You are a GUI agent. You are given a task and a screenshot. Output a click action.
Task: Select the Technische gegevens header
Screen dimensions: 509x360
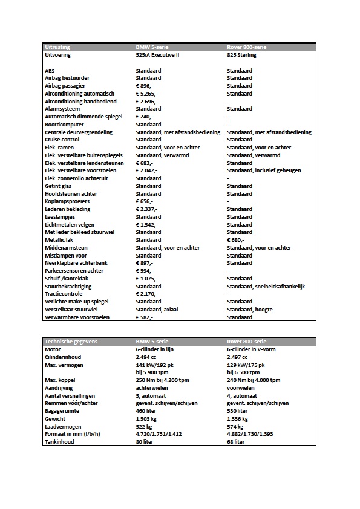tap(71, 342)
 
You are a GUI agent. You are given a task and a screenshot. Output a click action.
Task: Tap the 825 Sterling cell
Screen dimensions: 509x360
tap(241, 55)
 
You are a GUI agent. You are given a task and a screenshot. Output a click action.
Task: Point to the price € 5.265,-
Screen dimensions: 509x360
tap(146, 94)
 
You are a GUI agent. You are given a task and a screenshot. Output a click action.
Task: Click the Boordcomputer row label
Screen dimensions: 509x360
tap(65, 125)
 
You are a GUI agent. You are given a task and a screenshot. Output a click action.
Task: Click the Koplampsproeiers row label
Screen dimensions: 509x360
tap(67, 201)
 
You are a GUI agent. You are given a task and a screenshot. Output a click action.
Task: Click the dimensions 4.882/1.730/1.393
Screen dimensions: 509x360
tap(254, 434)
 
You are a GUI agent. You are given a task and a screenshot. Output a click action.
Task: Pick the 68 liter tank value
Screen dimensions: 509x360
tap(236, 442)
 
